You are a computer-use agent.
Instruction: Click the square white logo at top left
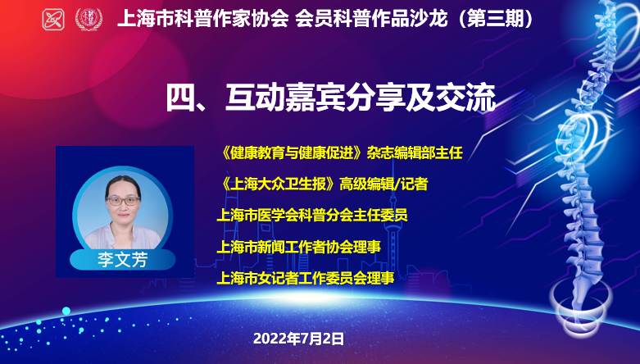(53, 19)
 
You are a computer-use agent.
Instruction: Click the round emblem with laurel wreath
(89, 19)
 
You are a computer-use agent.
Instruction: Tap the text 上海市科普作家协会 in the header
(203, 19)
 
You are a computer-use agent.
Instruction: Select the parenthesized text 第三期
(496, 19)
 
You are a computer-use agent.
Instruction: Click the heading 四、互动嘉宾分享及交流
(331, 98)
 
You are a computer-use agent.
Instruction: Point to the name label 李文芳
(122, 259)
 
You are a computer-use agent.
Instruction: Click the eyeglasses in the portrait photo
(122, 201)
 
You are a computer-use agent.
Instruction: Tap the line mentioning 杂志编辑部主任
(342, 153)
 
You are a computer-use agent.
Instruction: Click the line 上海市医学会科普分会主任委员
(312, 216)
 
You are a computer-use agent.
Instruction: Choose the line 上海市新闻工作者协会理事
(299, 247)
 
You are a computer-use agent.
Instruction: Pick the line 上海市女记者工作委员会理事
(306, 278)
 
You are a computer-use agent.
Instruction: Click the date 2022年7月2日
(299, 339)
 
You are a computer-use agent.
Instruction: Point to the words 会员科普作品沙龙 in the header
(371, 19)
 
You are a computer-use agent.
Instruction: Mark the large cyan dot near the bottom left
(66, 312)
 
